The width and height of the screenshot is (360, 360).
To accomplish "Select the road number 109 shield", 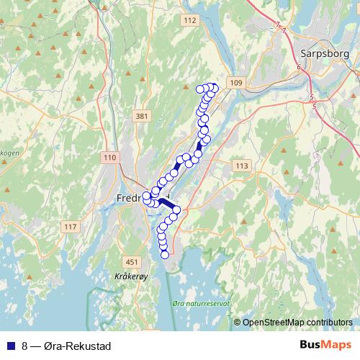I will [x=237, y=84].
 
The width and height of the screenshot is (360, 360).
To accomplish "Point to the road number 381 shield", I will [x=141, y=116].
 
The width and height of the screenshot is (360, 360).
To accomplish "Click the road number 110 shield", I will [x=110, y=158].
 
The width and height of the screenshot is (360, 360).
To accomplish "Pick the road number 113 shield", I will [x=241, y=166].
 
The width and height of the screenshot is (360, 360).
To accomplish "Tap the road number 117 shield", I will [x=69, y=228].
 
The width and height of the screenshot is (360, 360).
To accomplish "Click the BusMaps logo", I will [x=325, y=346].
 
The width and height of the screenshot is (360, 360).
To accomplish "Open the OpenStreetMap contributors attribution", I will [x=297, y=323].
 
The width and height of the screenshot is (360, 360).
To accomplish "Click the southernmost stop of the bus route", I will [x=165, y=254].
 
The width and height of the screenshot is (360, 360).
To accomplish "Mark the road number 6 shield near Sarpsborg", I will [x=298, y=67].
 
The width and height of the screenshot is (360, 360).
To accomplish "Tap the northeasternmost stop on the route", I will [x=214, y=88].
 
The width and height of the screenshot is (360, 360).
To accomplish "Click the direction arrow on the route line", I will [x=200, y=144].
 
